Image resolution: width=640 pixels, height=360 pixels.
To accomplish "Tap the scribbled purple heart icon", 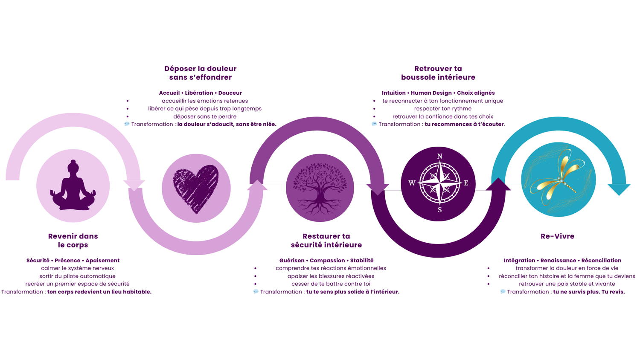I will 196,188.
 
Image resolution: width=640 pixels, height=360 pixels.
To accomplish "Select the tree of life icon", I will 320,188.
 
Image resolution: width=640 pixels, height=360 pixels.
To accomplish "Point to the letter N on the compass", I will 439,157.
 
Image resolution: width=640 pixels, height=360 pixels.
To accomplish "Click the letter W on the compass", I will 412,183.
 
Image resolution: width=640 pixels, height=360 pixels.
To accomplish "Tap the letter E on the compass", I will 466,183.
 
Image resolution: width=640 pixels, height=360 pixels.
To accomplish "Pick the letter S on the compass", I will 439,210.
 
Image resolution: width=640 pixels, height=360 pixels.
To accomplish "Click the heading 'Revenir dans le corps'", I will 73,241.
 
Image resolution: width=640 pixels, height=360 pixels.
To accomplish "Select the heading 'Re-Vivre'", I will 557,236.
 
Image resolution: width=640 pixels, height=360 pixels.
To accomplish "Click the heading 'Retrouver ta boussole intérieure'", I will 438,73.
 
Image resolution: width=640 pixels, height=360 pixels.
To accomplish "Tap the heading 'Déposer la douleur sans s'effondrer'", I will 200,73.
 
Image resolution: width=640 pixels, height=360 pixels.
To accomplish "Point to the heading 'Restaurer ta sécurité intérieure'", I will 326,241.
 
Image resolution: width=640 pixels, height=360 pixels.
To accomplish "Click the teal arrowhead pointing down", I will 619,189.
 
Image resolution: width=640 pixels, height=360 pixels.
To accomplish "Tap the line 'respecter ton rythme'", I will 442,109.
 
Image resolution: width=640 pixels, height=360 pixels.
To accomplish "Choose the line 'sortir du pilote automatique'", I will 77,276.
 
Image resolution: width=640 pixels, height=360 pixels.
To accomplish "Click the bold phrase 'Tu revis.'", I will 613,292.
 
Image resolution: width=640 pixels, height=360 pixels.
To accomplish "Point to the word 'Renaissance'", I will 558,261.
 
